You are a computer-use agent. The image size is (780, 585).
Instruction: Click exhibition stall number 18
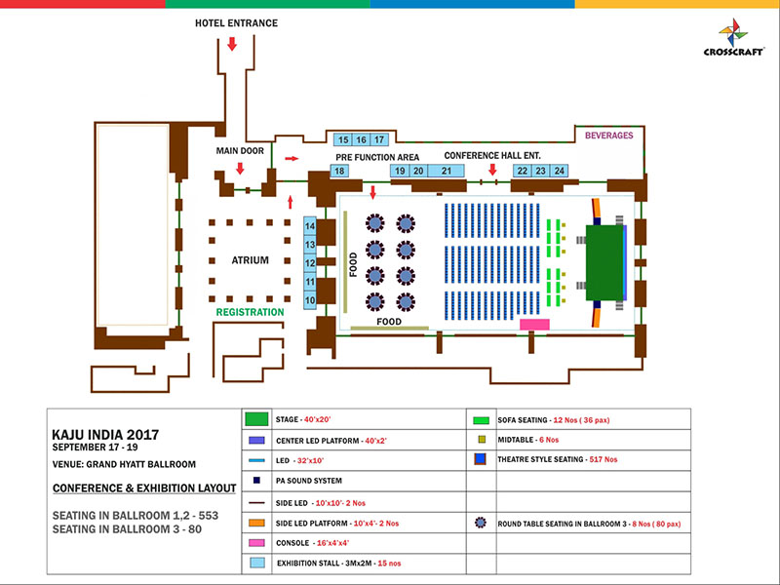coord(339,171)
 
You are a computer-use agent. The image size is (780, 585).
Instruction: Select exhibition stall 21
coord(447,171)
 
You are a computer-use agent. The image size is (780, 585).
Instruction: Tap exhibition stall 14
coord(310,226)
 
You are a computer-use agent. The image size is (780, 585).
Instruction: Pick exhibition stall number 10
coord(310,301)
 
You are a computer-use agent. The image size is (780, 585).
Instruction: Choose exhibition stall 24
coord(559,171)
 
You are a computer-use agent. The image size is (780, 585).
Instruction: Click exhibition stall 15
coord(343,139)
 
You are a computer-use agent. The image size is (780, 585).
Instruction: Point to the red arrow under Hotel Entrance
coord(232,44)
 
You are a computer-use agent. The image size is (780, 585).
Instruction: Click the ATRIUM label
coord(250,260)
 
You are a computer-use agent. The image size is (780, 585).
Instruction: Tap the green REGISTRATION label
coord(250,313)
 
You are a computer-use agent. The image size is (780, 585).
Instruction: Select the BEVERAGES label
coord(609,136)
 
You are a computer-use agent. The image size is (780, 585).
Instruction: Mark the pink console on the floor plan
coord(534,324)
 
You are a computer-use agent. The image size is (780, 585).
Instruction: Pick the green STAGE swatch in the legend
coord(256,419)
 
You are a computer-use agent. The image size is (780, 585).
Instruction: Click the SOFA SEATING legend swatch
coord(481,420)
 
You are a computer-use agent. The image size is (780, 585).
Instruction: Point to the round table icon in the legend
coord(481,522)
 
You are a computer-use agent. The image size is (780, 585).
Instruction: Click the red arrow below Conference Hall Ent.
coord(492,170)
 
